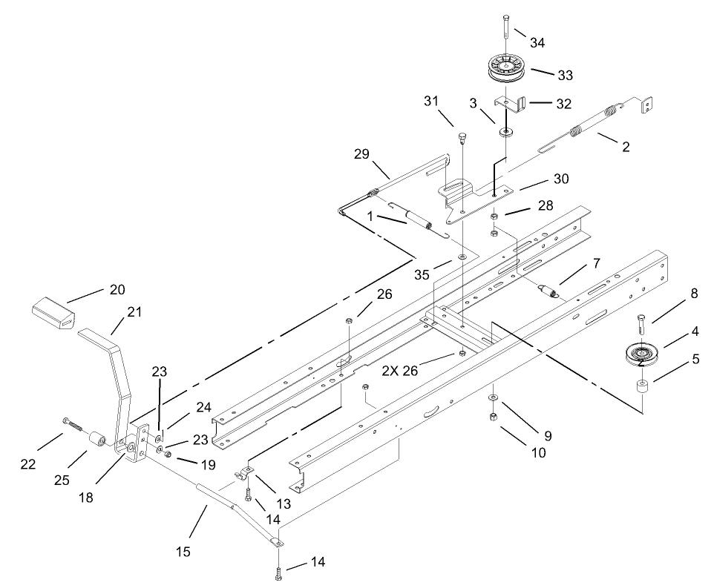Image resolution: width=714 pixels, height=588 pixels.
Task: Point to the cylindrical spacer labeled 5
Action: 641,388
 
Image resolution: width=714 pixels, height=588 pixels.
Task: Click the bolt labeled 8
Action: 640,324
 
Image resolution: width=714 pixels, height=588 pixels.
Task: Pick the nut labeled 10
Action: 492,417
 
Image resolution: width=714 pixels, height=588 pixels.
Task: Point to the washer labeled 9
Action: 492,399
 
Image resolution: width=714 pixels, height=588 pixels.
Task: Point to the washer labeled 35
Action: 462,257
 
